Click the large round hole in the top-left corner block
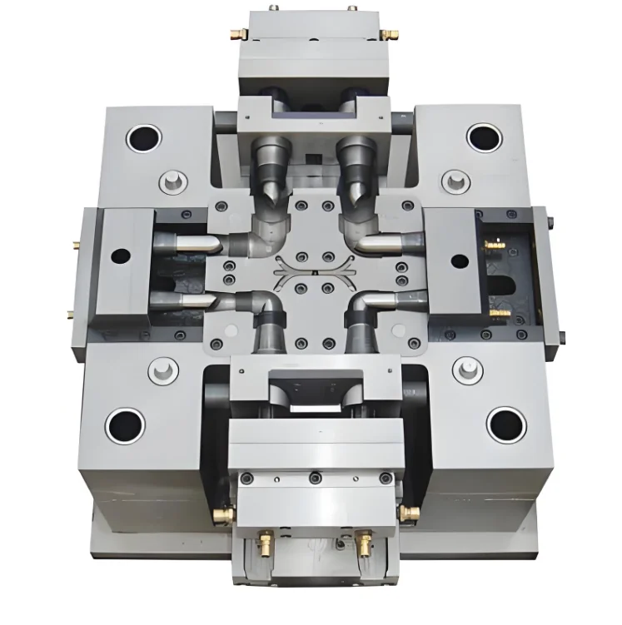point(143,137)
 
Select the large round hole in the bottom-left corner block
point(125,425)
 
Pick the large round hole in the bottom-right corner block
point(505,424)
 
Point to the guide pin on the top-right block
point(455,181)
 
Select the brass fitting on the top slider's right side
point(389,34)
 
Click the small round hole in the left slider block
point(121,256)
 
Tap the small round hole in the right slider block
point(459,260)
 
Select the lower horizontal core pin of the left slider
point(182,299)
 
